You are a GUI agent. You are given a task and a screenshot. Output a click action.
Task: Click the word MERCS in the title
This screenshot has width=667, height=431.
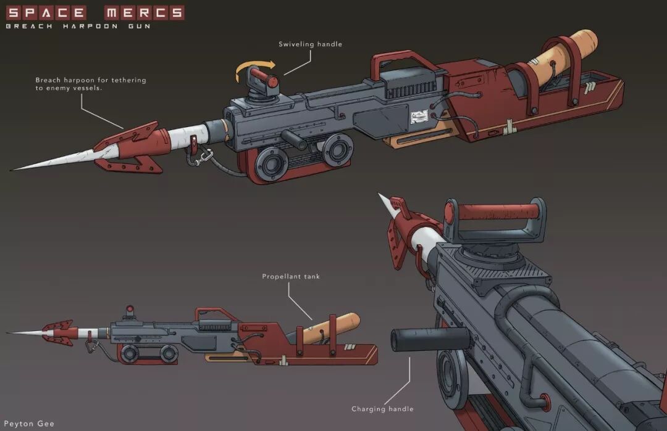pos(144,12)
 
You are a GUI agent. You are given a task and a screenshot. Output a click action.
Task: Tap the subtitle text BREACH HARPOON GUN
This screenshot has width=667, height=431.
pos(78,27)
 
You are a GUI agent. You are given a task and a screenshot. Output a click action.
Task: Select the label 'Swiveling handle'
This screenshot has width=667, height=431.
pos(310,44)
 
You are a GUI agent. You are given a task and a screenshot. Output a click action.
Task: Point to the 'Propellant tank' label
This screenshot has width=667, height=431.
pos(291,277)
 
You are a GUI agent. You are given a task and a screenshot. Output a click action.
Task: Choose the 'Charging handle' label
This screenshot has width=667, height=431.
pos(382,409)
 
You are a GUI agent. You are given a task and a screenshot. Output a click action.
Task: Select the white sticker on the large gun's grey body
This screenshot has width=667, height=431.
pos(420,115)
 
